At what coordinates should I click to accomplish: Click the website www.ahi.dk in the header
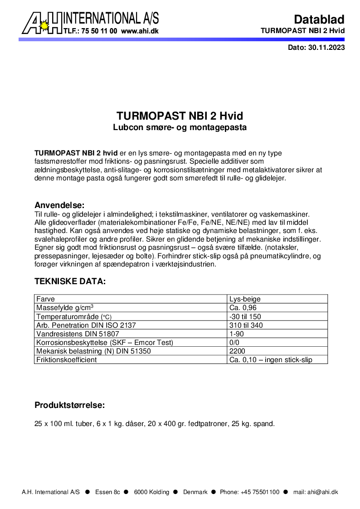click(140, 31)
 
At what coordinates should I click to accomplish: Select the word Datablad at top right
click(319, 19)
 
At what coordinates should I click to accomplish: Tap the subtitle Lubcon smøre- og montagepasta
click(180, 127)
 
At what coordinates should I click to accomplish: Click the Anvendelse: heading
click(59, 205)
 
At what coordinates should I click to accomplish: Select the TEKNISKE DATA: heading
click(70, 281)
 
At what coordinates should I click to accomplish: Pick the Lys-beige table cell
click(245, 299)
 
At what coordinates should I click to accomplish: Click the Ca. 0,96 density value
click(243, 308)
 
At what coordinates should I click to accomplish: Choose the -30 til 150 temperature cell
click(245, 316)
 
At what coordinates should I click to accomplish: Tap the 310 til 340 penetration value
click(246, 325)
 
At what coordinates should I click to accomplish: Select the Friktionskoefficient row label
click(66, 359)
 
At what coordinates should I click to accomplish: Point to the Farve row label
click(45, 299)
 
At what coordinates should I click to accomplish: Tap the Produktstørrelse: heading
click(70, 405)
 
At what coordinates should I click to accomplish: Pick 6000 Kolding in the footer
click(151, 492)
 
